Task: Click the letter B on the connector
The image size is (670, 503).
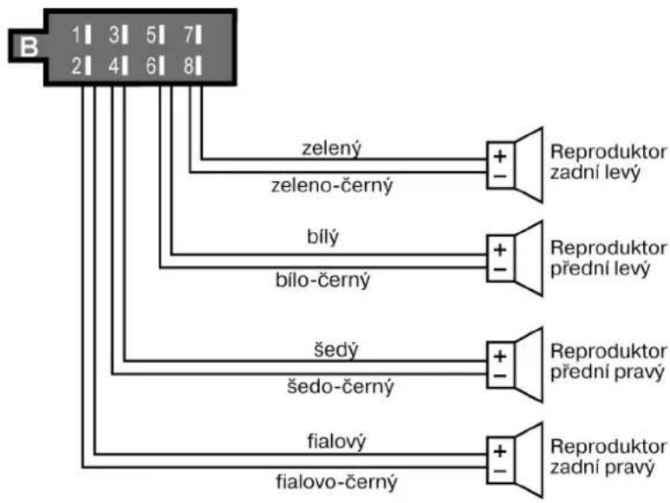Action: click(x=29, y=47)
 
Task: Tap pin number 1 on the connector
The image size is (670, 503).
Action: click(x=81, y=35)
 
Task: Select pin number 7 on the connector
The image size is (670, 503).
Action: click(x=192, y=35)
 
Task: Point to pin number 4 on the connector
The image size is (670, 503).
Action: click(x=118, y=67)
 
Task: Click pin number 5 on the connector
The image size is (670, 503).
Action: click(x=155, y=35)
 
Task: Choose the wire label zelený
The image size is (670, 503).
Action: click(x=332, y=148)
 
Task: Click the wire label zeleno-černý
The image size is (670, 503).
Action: click(x=332, y=185)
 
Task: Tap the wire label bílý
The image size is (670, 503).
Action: click(x=322, y=237)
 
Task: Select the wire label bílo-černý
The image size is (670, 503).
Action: click(x=322, y=281)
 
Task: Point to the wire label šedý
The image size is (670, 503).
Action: click(x=336, y=350)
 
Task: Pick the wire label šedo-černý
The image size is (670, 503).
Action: click(x=340, y=387)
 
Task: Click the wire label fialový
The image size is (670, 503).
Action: click(x=336, y=442)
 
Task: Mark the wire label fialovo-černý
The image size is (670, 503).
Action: click(x=336, y=481)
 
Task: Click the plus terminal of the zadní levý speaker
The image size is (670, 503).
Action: click(x=500, y=156)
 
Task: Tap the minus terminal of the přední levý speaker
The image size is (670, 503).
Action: click(x=500, y=269)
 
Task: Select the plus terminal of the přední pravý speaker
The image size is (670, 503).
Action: click(x=500, y=356)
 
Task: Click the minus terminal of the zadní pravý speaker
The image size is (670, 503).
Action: click(x=500, y=471)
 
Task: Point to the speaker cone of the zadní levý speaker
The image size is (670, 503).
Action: click(x=529, y=164)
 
